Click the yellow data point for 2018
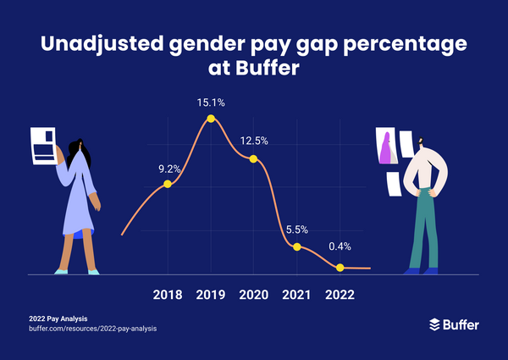(168, 184)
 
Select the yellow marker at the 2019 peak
(211, 119)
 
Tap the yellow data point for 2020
(253, 158)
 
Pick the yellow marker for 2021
(297, 246)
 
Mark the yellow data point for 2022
(340, 268)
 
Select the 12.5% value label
(254, 141)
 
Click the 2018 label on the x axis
(167, 295)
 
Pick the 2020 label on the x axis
(253, 295)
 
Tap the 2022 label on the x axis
(340, 295)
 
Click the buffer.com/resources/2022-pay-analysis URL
(93, 328)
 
